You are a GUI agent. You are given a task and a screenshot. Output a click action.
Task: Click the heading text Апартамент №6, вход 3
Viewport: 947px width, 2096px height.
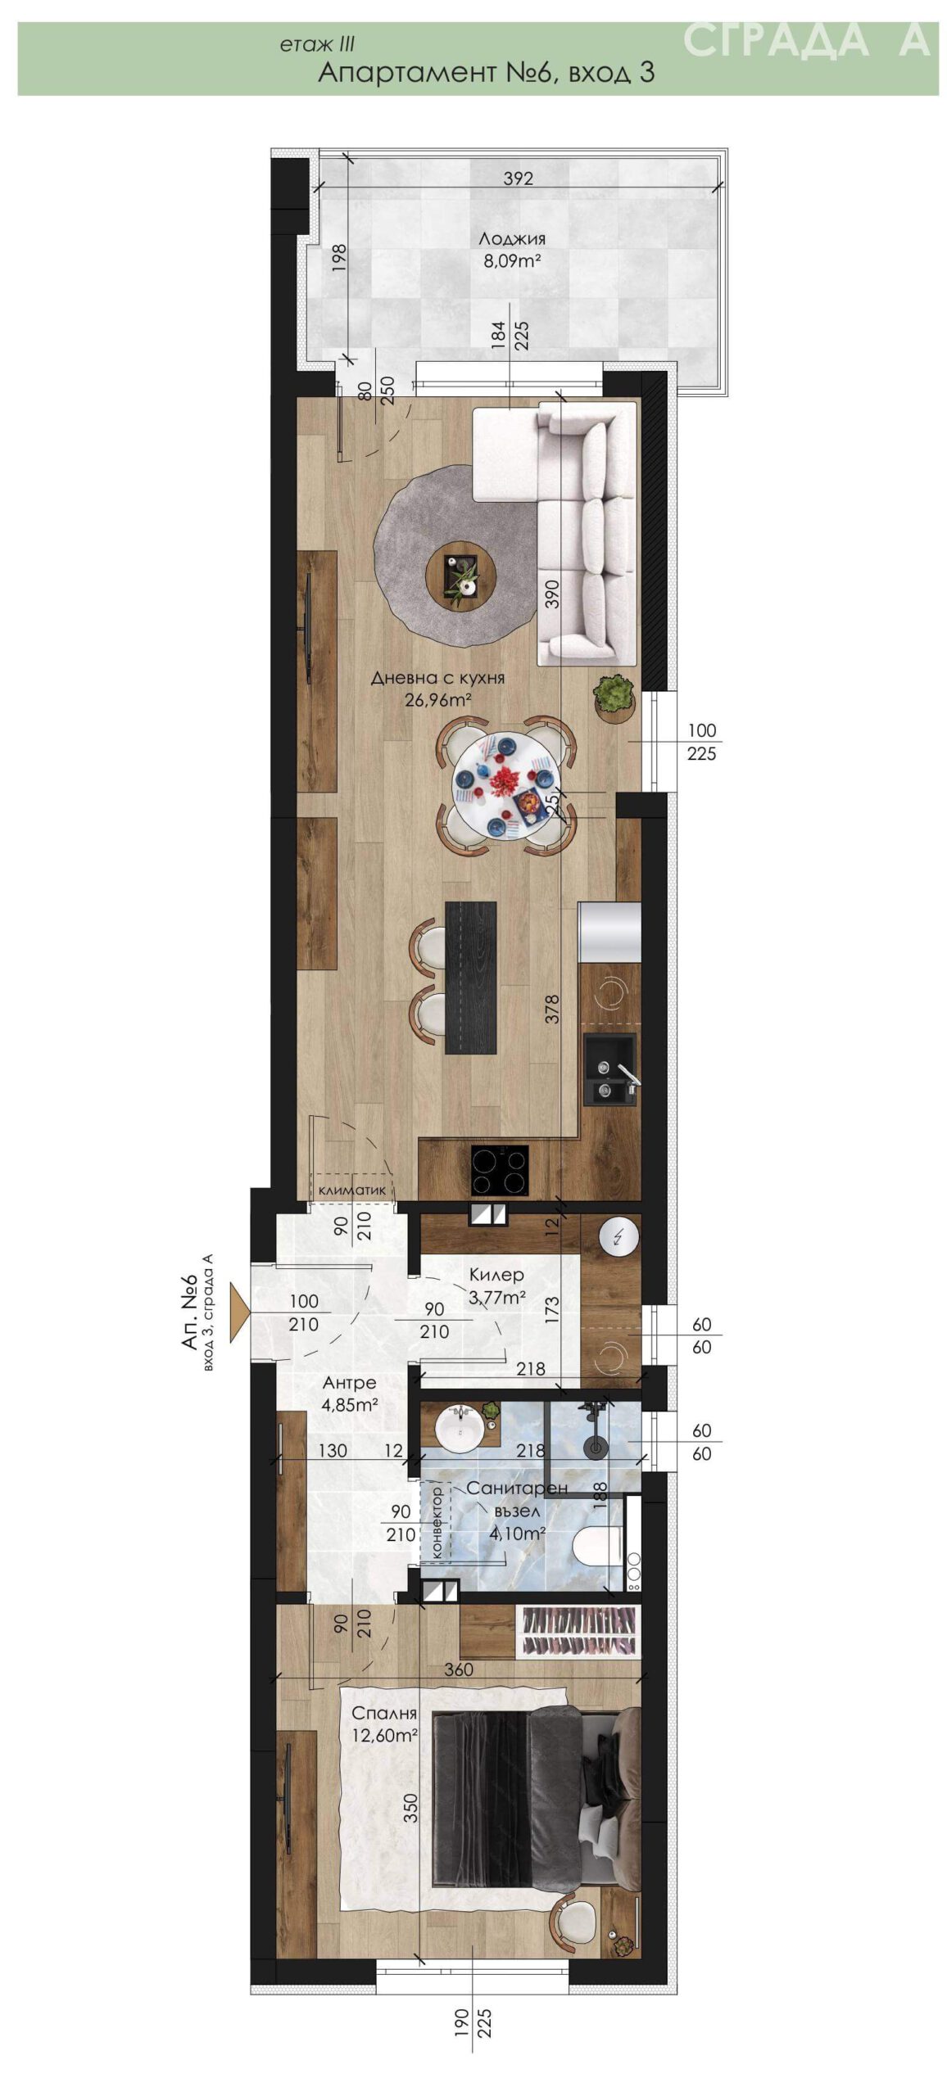pyautogui.click(x=486, y=73)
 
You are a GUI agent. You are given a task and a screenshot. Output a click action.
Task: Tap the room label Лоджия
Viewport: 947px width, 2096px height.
pyautogui.click(x=512, y=239)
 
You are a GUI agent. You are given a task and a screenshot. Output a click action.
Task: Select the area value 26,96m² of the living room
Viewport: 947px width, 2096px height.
pyautogui.click(x=437, y=698)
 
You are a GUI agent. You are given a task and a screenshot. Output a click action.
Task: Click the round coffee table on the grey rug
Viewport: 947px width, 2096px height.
pyautogui.click(x=460, y=574)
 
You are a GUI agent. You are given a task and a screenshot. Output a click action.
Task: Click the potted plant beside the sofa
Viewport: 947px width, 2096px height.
pyautogui.click(x=614, y=694)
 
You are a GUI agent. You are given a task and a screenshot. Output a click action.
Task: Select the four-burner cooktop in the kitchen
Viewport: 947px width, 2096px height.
pyautogui.click(x=499, y=1171)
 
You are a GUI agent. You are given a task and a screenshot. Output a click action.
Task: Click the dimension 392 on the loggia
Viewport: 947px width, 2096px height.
pyautogui.click(x=518, y=178)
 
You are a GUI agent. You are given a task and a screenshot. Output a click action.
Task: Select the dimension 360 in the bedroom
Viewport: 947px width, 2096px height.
pyautogui.click(x=459, y=1669)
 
